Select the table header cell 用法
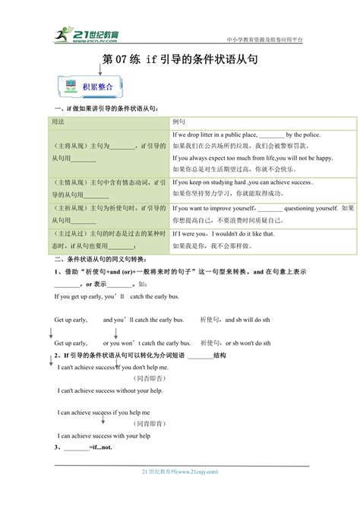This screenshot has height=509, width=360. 58,122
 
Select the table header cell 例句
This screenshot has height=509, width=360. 179,122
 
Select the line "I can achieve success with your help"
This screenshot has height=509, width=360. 104,436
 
